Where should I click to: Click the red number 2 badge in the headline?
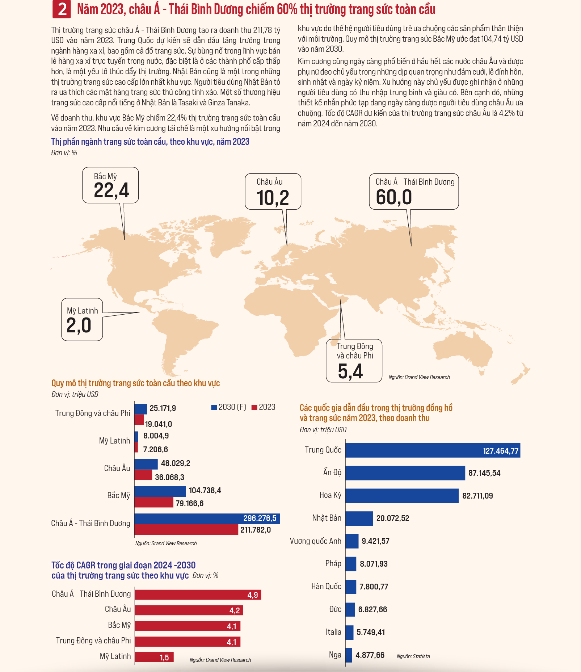(62, 9)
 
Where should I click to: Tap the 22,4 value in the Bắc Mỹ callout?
(111, 190)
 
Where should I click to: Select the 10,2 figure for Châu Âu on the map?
(273, 198)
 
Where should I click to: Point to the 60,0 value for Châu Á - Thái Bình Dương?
(394, 197)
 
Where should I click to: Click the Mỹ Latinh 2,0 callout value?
(79, 325)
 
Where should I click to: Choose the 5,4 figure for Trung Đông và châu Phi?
(350, 371)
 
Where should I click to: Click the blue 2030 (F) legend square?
(214, 407)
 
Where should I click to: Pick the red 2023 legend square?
(254, 407)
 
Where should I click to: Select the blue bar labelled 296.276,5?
(207, 518)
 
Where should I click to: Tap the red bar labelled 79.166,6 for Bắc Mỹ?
(154, 502)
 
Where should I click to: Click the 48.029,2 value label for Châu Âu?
(176, 463)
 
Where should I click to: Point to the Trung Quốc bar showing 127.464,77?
(433, 450)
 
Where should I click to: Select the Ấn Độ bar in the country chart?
(405, 473)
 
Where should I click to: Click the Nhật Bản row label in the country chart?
(327, 518)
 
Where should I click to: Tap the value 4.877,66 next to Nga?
(370, 655)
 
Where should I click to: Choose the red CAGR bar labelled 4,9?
(198, 595)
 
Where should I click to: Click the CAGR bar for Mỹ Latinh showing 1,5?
(154, 657)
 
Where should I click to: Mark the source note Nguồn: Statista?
(413, 656)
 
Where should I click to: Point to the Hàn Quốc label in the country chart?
(327, 587)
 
